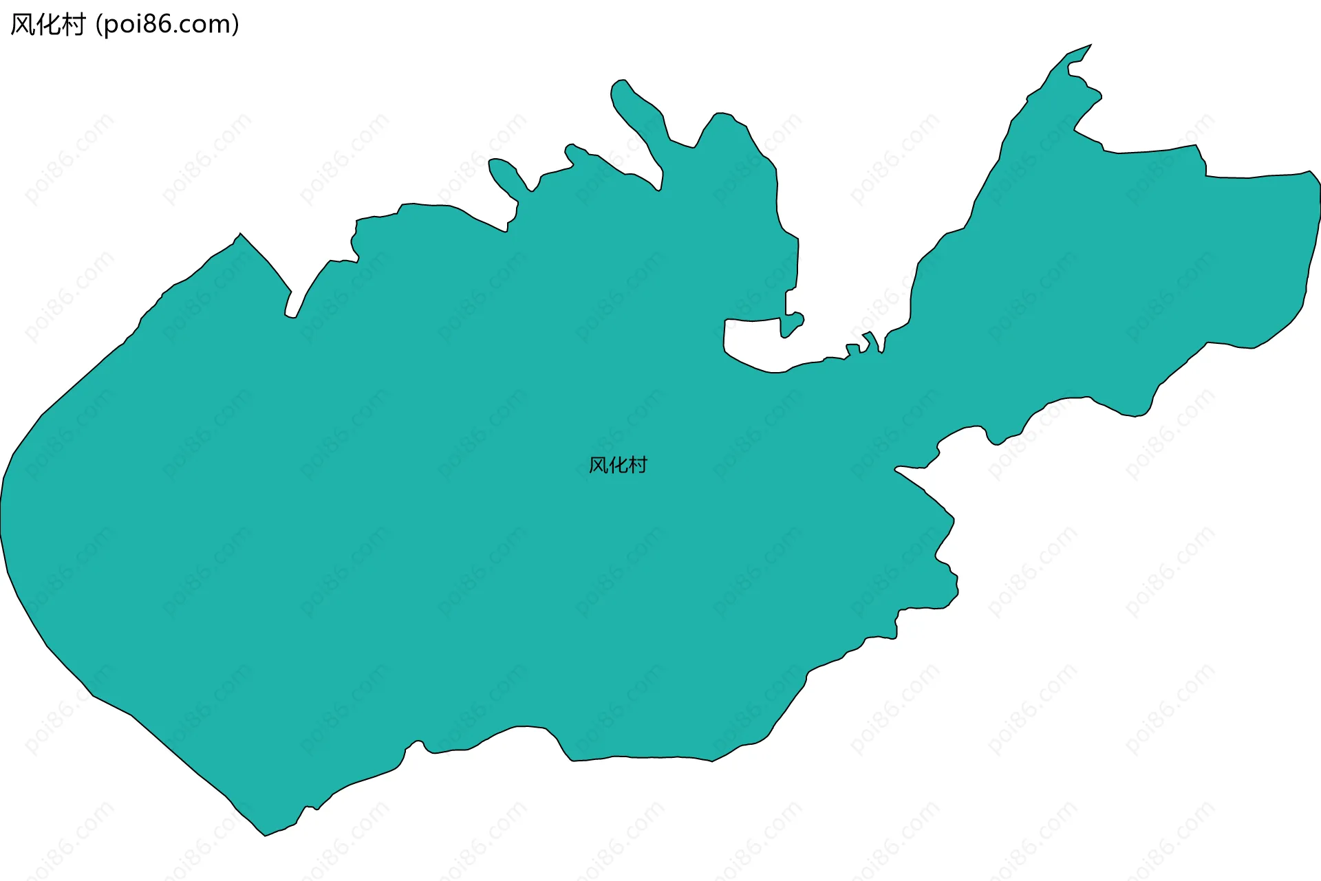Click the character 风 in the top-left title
coord(22,25)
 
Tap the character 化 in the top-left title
coord(47,25)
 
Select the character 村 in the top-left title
coord(73,25)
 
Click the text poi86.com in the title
coord(167,25)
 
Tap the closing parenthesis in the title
coord(235,25)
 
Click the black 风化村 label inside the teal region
coord(618,466)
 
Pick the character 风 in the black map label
coord(598,466)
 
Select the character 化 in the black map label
coord(618,466)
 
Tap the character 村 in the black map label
coord(638,466)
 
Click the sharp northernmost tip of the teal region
coord(1091,45)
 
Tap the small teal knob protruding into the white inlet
coord(795,320)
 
